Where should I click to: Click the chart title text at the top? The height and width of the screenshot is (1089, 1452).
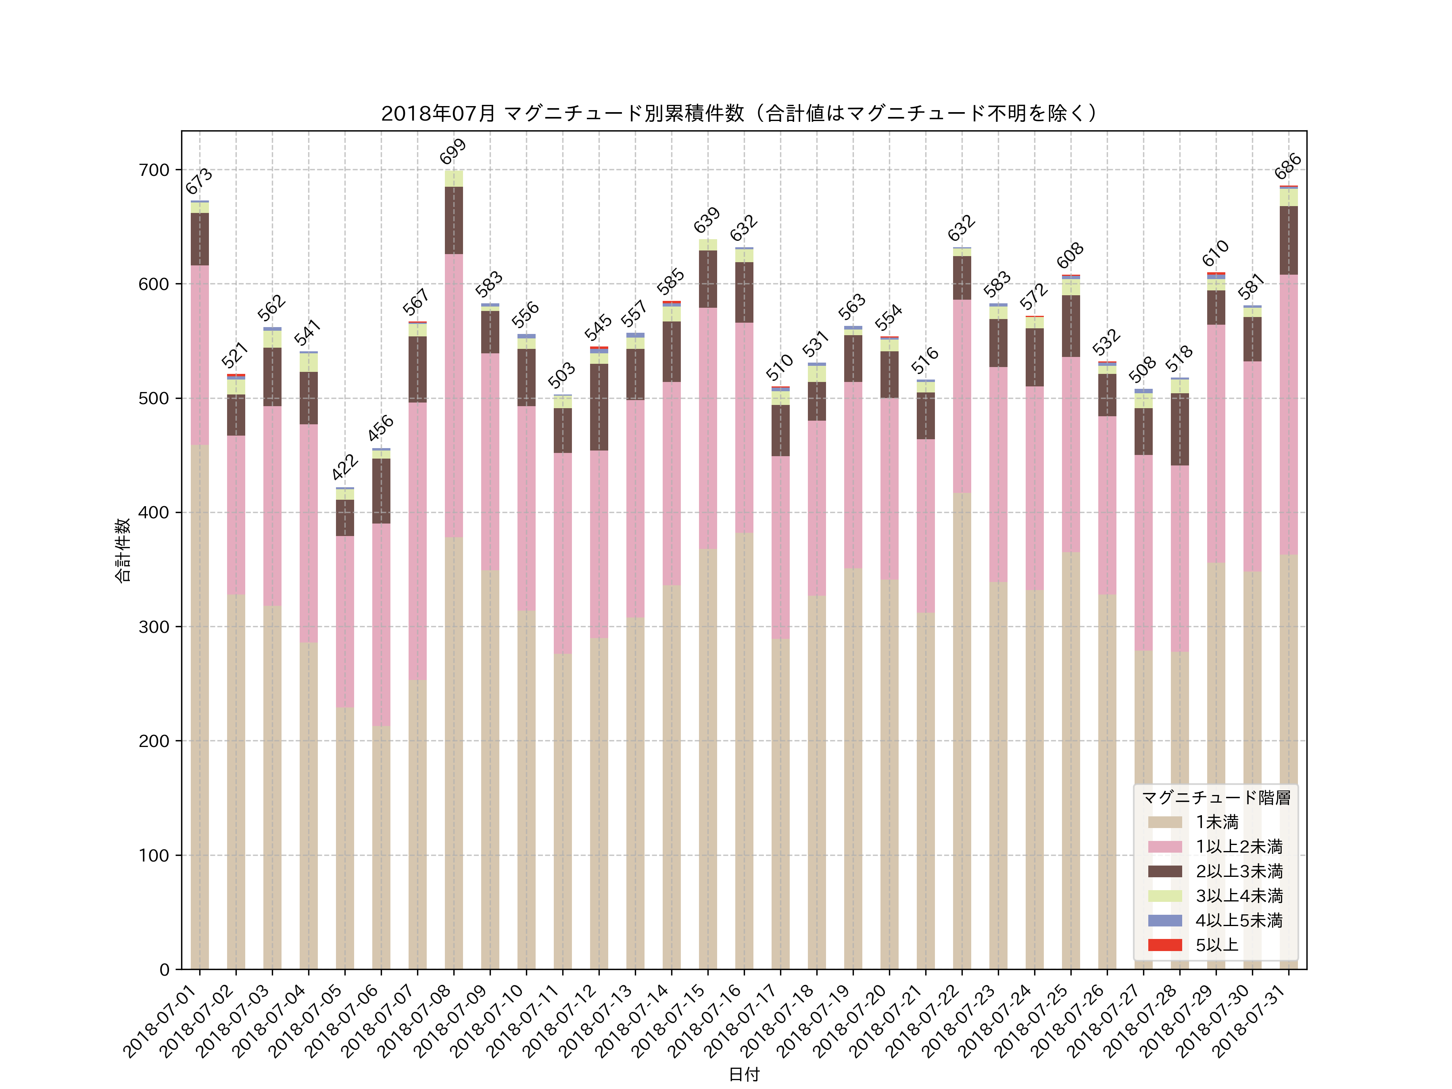click(x=741, y=114)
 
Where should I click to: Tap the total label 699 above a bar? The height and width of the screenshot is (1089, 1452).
click(x=453, y=152)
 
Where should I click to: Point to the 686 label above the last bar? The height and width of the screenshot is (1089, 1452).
click(x=1288, y=167)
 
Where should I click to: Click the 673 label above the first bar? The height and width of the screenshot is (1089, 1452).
click(x=199, y=181)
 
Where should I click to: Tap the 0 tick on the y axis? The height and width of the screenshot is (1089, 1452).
click(x=165, y=970)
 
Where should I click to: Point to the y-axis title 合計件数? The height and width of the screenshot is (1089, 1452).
click(x=123, y=550)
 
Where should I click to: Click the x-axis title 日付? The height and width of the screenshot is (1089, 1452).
click(x=744, y=1074)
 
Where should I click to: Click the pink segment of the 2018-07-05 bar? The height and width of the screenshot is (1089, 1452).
click(x=344, y=622)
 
